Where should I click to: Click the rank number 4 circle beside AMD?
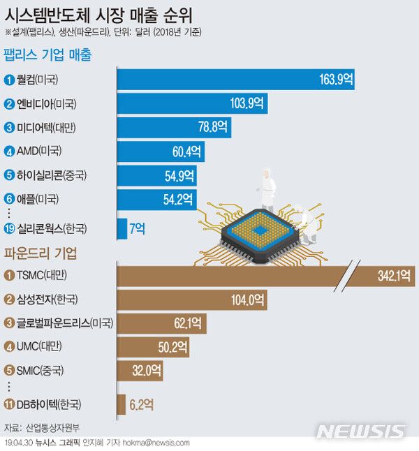pos(9,151)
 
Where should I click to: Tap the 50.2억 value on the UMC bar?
pos(175,346)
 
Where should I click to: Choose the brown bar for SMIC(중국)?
pos(138,370)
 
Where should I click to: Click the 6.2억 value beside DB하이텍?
pos(140,404)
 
